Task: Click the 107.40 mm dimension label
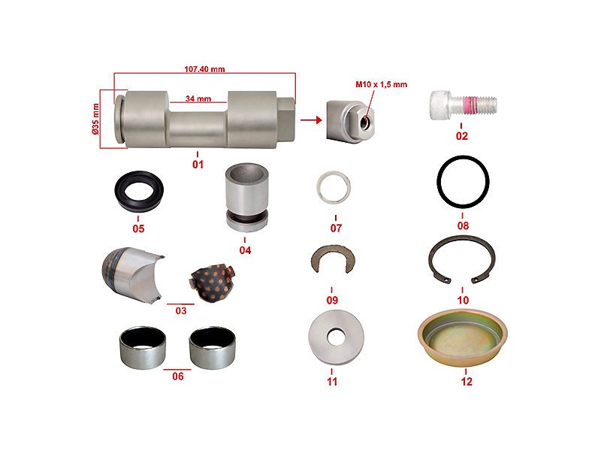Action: pos(204,69)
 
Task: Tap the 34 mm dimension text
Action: pos(198,98)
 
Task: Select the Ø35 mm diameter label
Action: pos(95,119)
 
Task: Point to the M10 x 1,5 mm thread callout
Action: pos(382,84)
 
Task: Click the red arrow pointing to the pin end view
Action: pos(311,120)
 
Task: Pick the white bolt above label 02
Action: pos(463,104)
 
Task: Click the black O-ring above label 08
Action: pos(463,158)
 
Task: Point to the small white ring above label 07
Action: pos(333,174)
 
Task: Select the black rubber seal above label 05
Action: pos(139,203)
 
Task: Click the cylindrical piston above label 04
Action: pos(246,198)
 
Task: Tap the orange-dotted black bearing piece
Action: pos(212,283)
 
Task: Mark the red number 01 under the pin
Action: pos(198,165)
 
